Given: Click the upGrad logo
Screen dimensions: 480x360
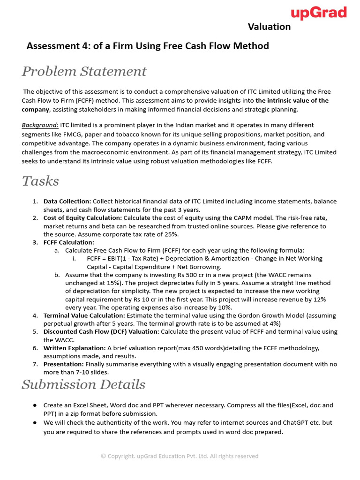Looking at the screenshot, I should [319, 13].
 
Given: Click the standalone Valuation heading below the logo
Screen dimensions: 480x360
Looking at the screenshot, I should [269, 27].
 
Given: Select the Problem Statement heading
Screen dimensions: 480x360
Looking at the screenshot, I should [84, 71].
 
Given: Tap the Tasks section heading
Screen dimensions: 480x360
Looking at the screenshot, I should [40, 181].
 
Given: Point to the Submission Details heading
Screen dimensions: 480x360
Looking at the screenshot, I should [83, 384].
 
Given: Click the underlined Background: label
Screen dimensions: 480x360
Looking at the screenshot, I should [40, 125].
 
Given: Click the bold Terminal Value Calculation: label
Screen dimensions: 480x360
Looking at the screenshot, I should [77, 315].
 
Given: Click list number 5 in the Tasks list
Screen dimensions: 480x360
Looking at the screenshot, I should [35, 332].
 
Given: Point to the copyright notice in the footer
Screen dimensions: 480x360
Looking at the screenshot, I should [180, 456].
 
